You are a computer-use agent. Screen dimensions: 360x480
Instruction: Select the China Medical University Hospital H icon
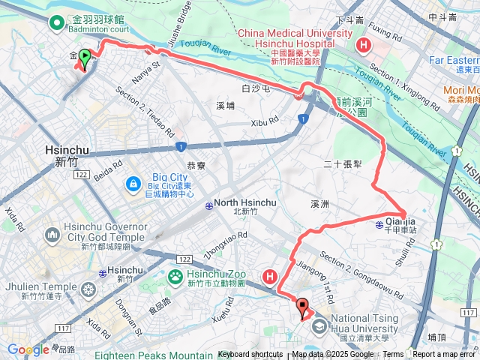coord(364,45)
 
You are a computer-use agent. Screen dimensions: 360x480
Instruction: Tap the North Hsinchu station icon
coord(208,203)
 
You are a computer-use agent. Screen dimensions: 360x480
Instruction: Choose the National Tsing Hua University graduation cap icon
coord(319,325)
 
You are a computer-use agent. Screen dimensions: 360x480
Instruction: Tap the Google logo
coord(28,350)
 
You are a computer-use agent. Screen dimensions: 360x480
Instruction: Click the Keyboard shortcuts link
coord(250,355)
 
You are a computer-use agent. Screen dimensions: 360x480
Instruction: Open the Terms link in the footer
coord(394,355)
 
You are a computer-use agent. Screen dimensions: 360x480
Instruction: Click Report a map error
coord(445,355)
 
